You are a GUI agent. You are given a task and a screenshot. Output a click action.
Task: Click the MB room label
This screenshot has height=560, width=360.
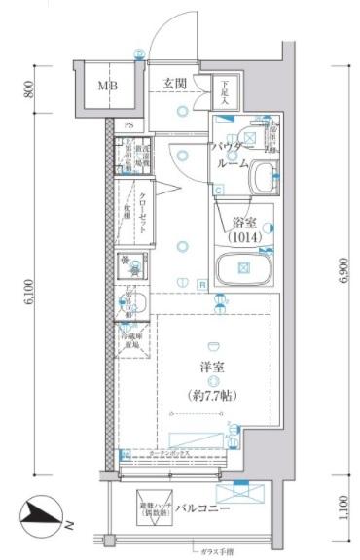click(106, 86)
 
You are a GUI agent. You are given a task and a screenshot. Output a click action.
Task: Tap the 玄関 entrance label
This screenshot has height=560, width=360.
click(176, 82)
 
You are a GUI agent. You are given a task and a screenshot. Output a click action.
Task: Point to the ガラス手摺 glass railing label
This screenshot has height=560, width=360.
click(208, 549)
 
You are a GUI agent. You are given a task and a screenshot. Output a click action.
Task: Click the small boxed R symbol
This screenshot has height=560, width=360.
click(201, 285)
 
